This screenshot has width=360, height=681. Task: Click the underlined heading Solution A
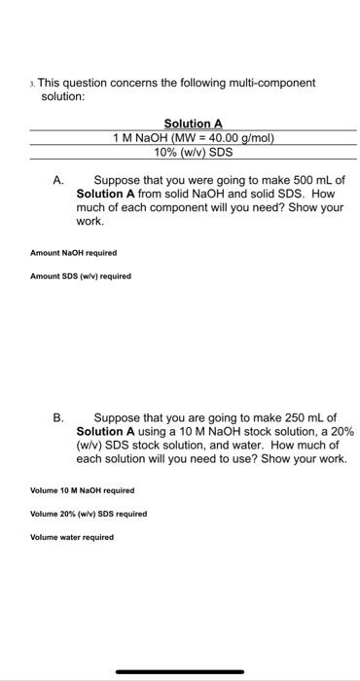194,124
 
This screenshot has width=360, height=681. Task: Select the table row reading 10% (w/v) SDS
194,152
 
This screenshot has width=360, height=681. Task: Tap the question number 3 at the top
33,84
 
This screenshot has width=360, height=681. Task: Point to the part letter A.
58,180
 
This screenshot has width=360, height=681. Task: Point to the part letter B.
58,417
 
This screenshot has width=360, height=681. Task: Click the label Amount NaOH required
74,253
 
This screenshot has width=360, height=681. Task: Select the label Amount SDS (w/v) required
81,275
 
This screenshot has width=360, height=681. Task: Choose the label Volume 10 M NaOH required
83,490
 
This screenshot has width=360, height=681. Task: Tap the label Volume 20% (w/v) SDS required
89,514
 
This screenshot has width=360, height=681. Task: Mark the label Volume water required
72,537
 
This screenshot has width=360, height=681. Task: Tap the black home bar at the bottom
180,671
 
